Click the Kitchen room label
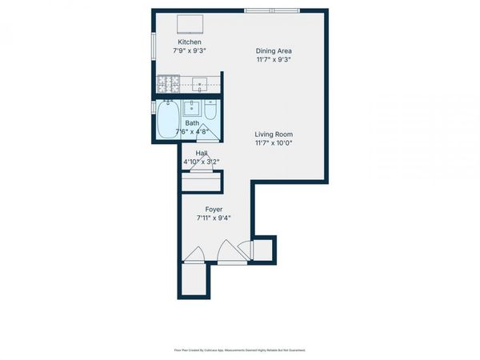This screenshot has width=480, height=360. click(x=190, y=42)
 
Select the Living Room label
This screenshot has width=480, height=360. click(x=274, y=134)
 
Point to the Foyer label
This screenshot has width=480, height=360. click(x=214, y=210)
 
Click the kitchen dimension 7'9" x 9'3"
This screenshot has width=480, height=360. click(x=190, y=50)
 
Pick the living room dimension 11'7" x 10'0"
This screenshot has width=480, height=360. click(x=274, y=143)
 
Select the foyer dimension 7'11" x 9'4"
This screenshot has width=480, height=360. click(x=214, y=218)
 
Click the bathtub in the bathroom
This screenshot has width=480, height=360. click(x=168, y=119)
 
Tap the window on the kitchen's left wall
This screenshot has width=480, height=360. click(x=154, y=45)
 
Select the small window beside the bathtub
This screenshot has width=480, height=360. click(x=154, y=107)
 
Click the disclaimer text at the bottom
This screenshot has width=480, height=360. click(x=239, y=350)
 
